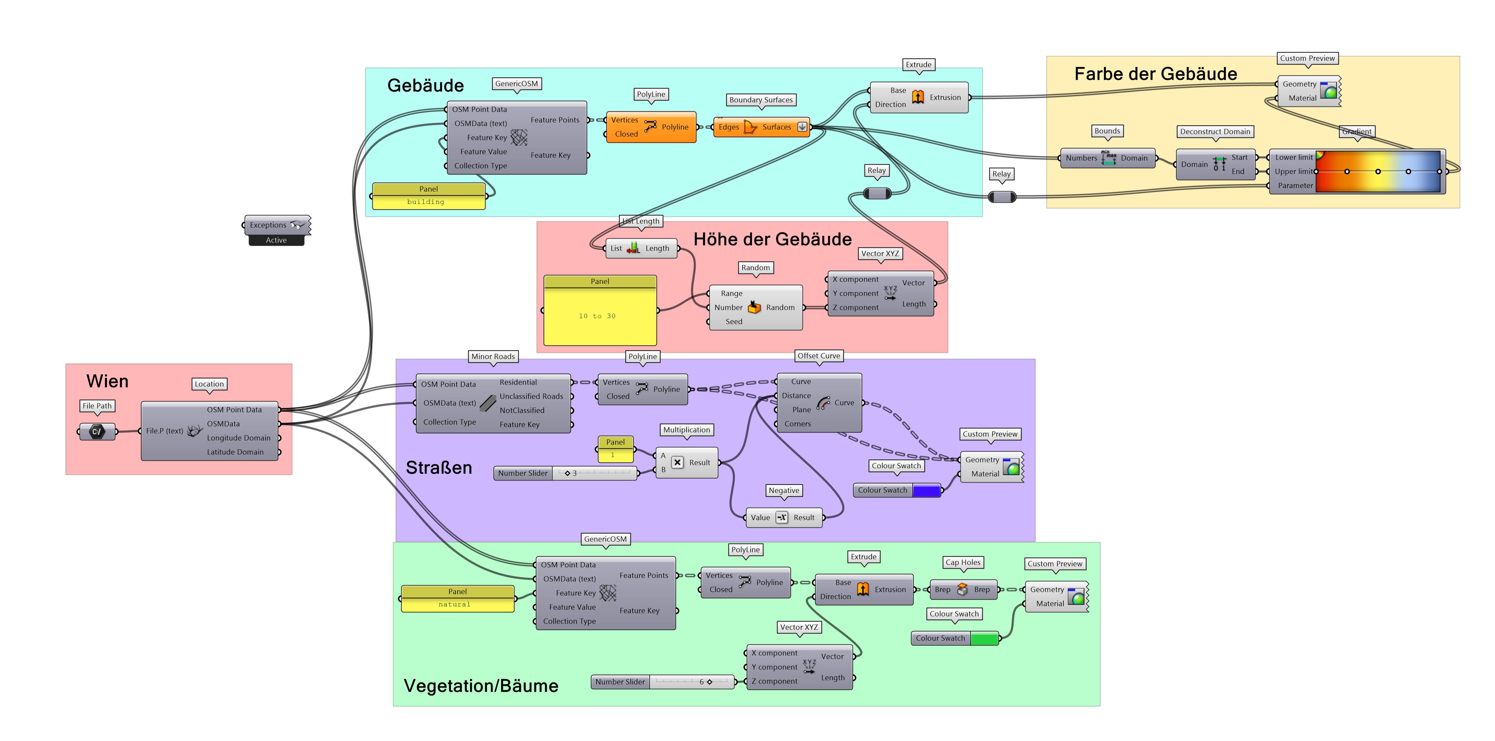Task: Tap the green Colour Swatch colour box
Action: click(x=984, y=639)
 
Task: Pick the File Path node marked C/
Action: click(x=97, y=431)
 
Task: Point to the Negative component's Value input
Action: click(x=760, y=518)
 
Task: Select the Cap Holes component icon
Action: click(x=962, y=589)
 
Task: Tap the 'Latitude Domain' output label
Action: click(x=235, y=452)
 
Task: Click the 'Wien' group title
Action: click(x=108, y=381)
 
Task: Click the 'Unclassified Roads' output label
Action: click(x=531, y=396)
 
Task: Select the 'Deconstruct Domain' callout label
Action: click(x=1215, y=132)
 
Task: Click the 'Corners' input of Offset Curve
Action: click(x=798, y=424)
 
